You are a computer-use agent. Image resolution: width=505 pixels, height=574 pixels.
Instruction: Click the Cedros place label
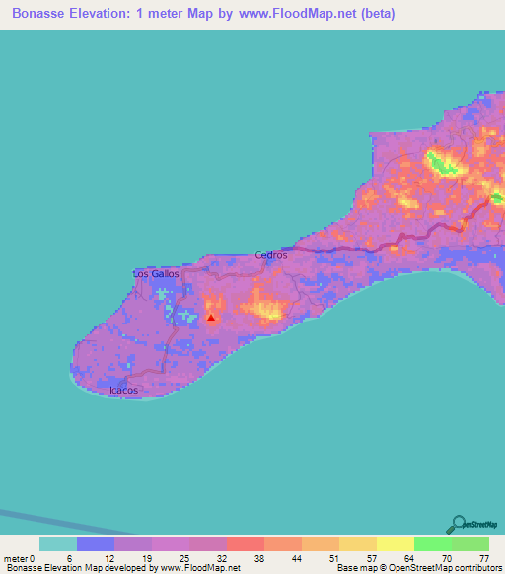(270, 255)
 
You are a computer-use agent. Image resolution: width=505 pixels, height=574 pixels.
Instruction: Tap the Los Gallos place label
(156, 273)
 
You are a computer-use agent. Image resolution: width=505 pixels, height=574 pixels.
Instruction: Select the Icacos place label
(123, 391)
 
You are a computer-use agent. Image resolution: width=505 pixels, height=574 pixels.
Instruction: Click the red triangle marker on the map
(211, 318)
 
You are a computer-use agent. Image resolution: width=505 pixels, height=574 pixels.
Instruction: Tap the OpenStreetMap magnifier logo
(459, 523)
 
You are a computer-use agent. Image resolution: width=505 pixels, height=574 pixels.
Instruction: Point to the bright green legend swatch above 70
(432, 543)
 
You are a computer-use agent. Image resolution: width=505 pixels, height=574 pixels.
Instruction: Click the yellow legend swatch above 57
(357, 543)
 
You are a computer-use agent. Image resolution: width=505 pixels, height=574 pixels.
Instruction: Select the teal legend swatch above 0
(57, 543)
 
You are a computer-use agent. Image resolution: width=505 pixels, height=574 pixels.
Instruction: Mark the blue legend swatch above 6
(95, 543)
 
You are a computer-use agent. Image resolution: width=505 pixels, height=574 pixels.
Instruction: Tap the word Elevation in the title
(105, 15)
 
